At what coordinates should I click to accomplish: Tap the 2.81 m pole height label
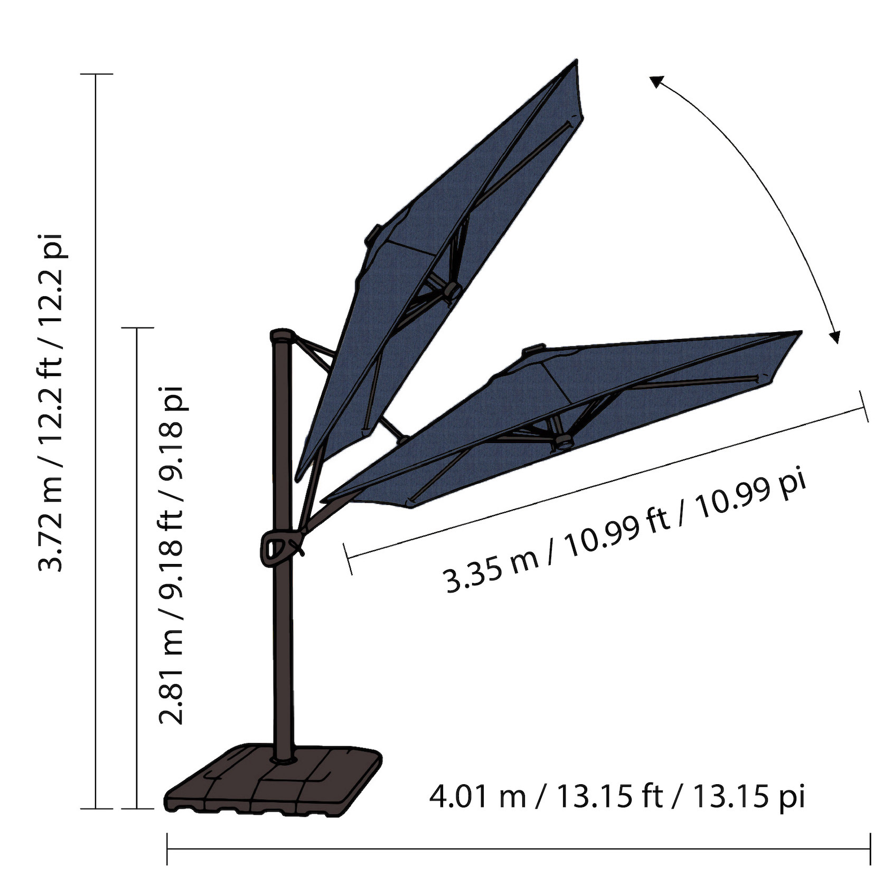[x=171, y=554]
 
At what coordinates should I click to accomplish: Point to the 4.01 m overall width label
[x=616, y=797]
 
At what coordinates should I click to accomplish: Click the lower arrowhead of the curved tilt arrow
[x=835, y=336]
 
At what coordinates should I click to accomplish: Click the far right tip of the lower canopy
[x=801, y=332]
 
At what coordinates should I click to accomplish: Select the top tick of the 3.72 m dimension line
[x=96, y=74]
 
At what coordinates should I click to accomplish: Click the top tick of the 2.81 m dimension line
[x=137, y=328]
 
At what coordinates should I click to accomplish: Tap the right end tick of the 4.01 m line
[x=870, y=849]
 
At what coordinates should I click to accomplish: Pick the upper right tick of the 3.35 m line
[x=864, y=407]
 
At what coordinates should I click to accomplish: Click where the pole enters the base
[x=282, y=759]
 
